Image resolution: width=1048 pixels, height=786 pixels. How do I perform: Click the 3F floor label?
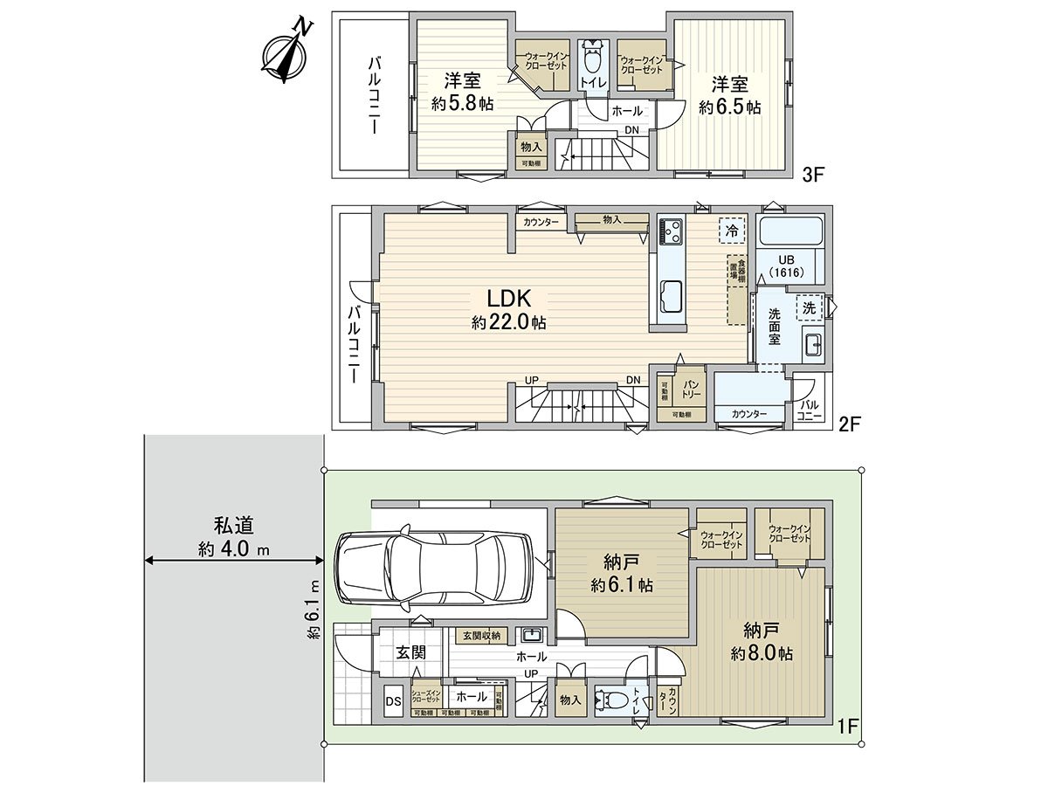pos(813,175)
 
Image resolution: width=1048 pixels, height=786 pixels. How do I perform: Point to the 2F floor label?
pos(850,424)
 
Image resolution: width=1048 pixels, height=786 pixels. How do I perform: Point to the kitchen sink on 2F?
pos(671,294)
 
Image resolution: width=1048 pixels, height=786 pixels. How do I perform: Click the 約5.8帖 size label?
pos(462,103)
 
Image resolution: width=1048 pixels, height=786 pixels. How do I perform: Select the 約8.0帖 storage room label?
pos(762,653)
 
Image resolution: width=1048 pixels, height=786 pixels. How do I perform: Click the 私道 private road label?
pos(233,526)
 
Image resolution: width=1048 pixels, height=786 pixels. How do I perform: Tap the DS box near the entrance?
pos(393,701)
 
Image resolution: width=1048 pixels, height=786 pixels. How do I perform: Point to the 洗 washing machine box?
pos(810,307)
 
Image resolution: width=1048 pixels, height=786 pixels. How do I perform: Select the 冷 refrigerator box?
pos(732,231)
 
